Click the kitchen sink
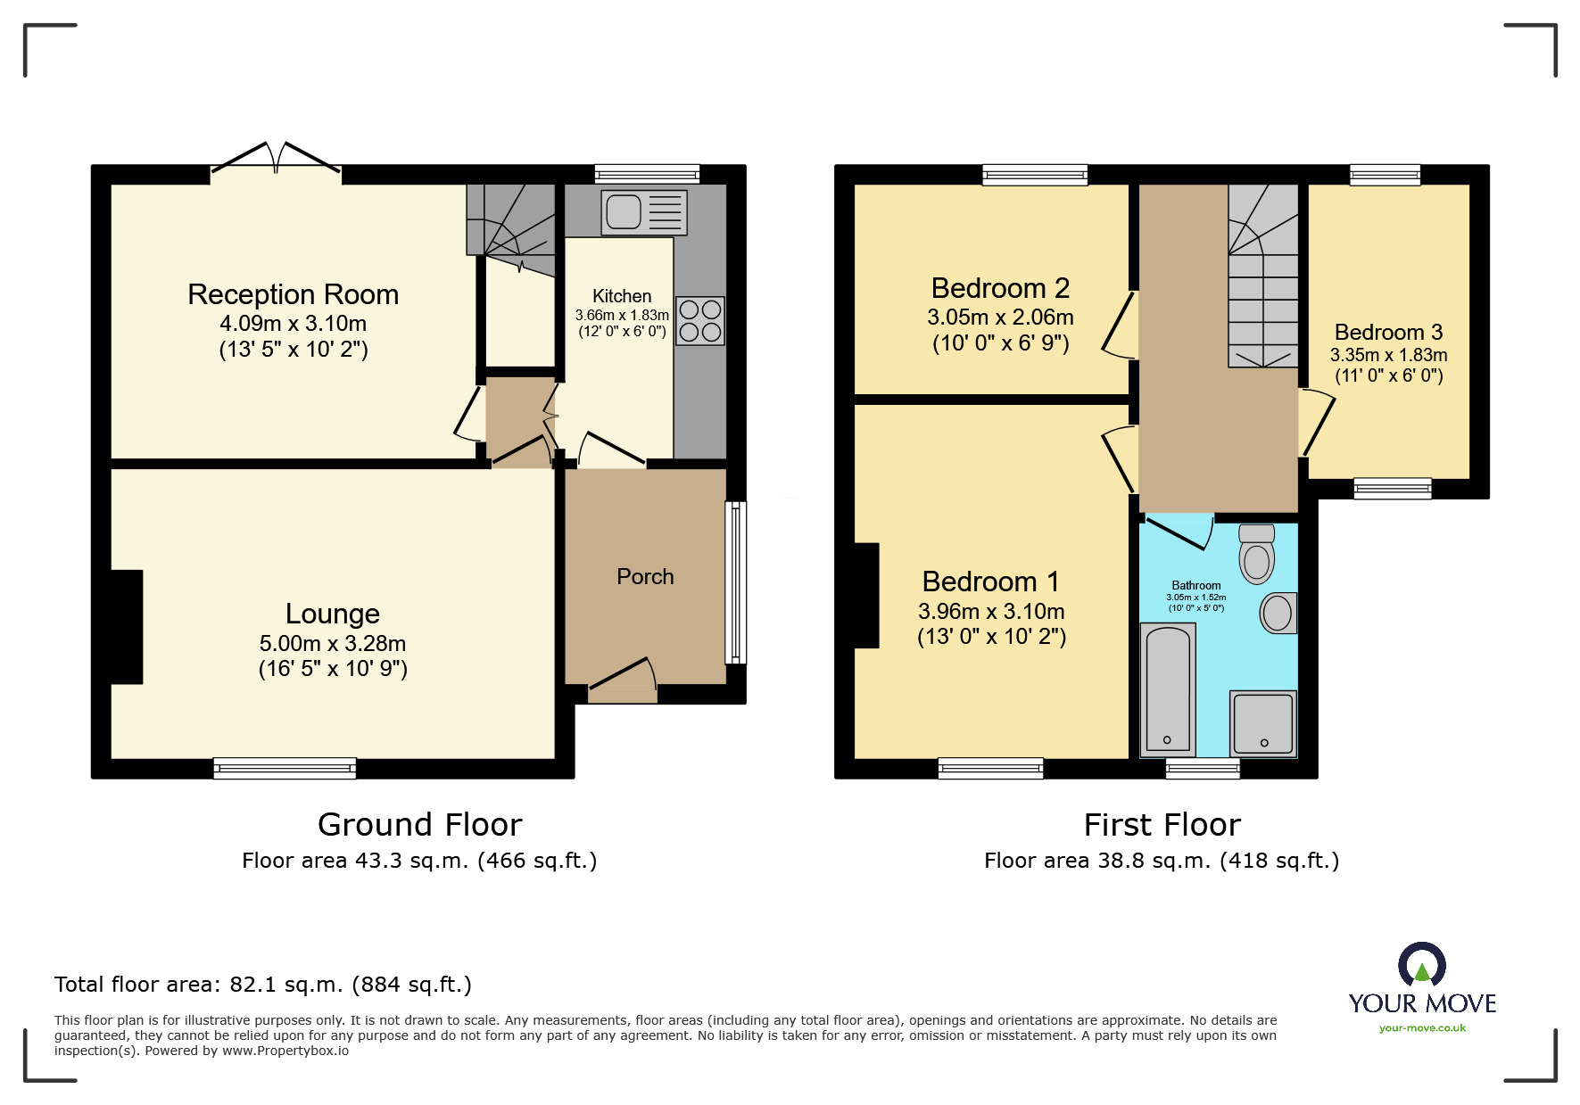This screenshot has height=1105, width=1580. (x=644, y=212)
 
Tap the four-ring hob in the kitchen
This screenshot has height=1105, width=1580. (x=700, y=321)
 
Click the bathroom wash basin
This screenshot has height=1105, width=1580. (x=1278, y=613)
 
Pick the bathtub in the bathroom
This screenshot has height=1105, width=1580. (x=1169, y=689)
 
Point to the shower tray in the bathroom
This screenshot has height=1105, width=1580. (x=1263, y=723)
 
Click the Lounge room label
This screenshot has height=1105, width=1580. (x=333, y=614)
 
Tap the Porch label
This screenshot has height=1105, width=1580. (x=645, y=577)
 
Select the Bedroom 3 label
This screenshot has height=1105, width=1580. (x=1388, y=333)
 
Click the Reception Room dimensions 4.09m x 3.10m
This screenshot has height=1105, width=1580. (x=294, y=324)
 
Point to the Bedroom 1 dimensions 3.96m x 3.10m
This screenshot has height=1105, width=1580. (x=991, y=612)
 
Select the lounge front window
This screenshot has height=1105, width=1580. (x=285, y=768)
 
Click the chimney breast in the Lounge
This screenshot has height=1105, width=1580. (x=127, y=627)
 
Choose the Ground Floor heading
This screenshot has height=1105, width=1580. (x=420, y=825)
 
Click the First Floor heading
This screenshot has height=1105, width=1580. (x=1162, y=825)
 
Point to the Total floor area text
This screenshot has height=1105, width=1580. (x=263, y=985)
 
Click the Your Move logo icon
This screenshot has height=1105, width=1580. (x=1422, y=965)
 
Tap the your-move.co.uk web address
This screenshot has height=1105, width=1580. (x=1422, y=1028)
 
